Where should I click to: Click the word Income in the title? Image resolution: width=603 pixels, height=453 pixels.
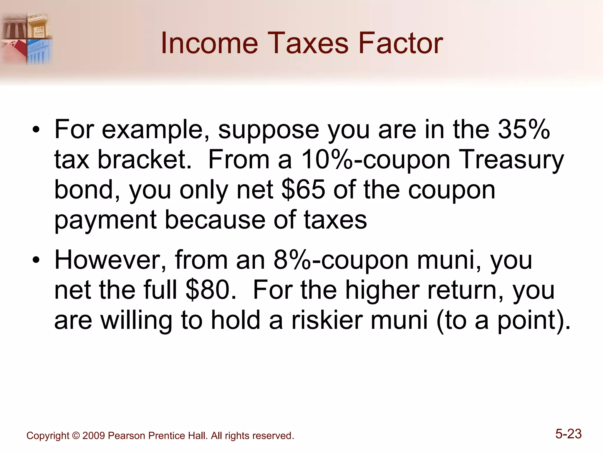point(209,43)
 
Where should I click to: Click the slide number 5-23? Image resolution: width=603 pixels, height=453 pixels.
point(568,434)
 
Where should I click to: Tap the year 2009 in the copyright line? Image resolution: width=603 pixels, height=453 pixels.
point(94,436)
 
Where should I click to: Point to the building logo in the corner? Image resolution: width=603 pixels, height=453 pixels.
point(26,38)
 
